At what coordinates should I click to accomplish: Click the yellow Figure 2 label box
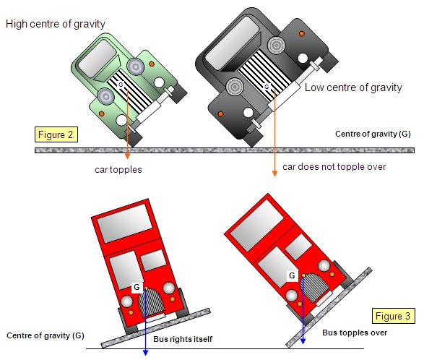[56, 134]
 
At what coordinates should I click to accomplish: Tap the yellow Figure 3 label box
[394, 316]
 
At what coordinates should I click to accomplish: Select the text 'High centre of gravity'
[56, 24]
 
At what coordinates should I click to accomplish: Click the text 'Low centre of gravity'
[353, 87]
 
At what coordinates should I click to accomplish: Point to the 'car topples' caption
[118, 170]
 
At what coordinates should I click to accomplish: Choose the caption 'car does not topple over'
[334, 167]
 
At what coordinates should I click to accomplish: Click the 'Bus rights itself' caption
[183, 339]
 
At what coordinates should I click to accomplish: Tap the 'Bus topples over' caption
[355, 333]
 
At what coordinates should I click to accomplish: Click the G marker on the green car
[121, 85]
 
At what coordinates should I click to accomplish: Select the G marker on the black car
[267, 87]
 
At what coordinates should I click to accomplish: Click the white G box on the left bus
[137, 287]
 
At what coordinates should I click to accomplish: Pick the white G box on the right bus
[292, 275]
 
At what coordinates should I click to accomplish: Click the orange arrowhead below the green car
[127, 156]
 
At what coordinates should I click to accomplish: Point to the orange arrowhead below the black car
[274, 173]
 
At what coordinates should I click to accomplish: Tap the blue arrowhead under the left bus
[145, 353]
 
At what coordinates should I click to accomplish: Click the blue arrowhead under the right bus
[303, 341]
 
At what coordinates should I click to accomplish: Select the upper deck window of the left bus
[125, 223]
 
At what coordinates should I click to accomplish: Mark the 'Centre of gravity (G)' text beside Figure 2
[373, 134]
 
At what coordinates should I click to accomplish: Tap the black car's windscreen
[233, 43]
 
